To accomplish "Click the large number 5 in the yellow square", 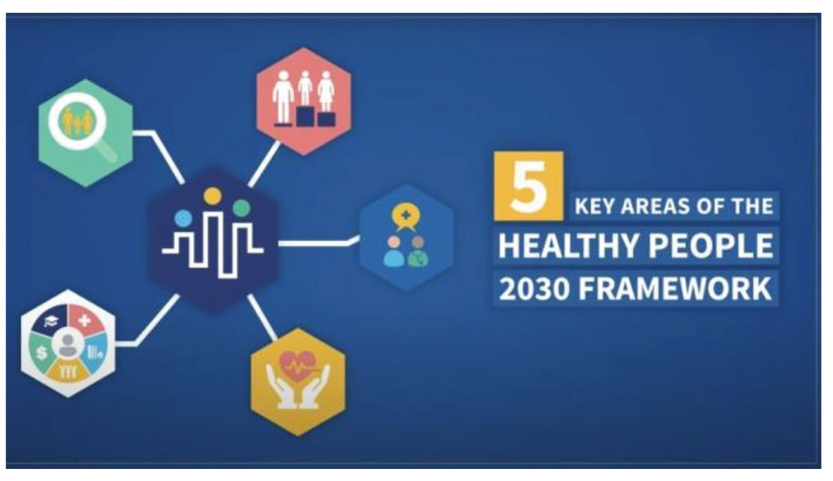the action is point(528,186).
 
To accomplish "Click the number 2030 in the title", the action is point(534,289).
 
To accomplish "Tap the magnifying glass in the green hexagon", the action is point(80,126).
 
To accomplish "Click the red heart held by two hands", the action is point(298,366).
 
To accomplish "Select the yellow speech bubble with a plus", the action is point(405,217).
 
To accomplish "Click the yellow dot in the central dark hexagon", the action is point(212,196).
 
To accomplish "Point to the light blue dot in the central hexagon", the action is point(183,218).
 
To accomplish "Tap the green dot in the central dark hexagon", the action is point(242,208).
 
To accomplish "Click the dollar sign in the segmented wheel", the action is point(41,352).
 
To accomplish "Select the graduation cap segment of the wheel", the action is point(50,320).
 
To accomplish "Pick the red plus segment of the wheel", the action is point(85,320).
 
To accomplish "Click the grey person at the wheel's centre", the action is point(68,345).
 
